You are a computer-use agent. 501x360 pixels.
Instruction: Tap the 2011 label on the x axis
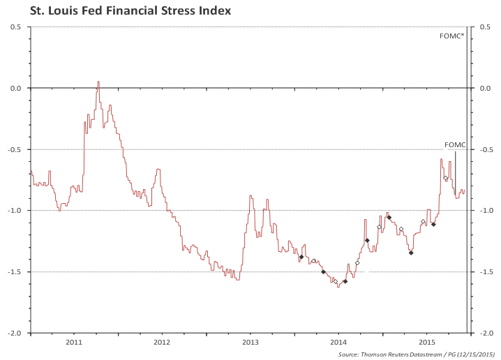tap(74, 342)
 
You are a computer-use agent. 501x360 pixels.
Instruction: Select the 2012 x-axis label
tap(162, 342)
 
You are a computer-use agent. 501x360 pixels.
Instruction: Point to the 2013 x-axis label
tap(250, 342)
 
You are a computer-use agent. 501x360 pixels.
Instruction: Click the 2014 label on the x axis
tap(338, 342)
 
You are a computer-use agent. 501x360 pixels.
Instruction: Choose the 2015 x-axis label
tap(427, 342)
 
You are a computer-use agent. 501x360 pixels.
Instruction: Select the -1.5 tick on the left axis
tap(15, 272)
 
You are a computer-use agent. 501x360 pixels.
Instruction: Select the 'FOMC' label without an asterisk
tap(454, 145)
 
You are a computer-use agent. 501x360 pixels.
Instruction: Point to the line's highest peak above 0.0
tap(98, 82)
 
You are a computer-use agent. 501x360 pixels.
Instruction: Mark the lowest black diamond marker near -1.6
tap(345, 281)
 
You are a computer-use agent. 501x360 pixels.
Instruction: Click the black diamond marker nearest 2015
tap(433, 224)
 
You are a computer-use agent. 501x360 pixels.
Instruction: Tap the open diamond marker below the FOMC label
tap(446, 178)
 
